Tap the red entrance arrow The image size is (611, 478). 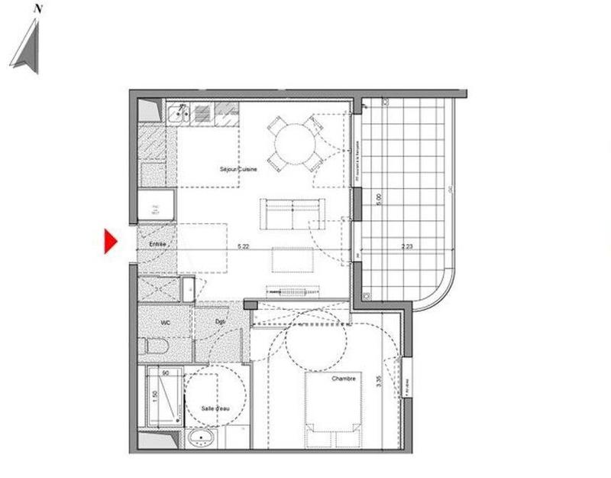(109, 242)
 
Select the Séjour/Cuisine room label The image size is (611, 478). (238, 169)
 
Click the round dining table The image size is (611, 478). (294, 141)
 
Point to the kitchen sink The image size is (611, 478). (178, 114)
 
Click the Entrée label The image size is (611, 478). (158, 244)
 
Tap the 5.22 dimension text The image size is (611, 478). (244, 246)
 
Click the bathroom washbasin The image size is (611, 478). (202, 440)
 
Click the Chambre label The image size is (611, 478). (343, 379)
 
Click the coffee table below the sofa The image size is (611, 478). (293, 261)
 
